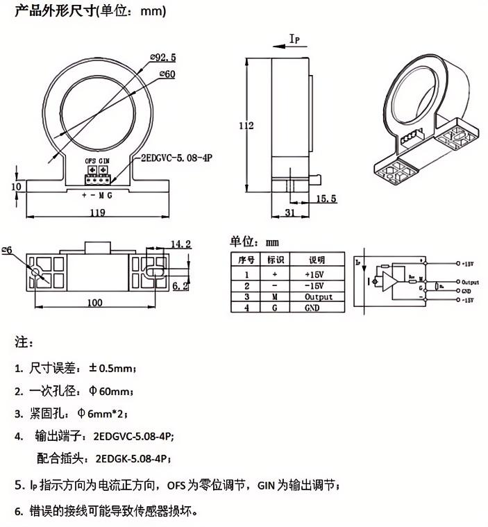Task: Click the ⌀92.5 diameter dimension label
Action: pos(162,56)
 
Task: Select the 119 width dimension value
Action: pos(97,213)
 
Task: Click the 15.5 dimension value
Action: pos(326,199)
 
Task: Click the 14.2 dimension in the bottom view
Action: pos(180,244)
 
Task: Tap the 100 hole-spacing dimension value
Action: pos(95,302)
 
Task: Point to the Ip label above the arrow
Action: pos(294,40)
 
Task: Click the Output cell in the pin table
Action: pos(319,296)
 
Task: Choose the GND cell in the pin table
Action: pos(312,307)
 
